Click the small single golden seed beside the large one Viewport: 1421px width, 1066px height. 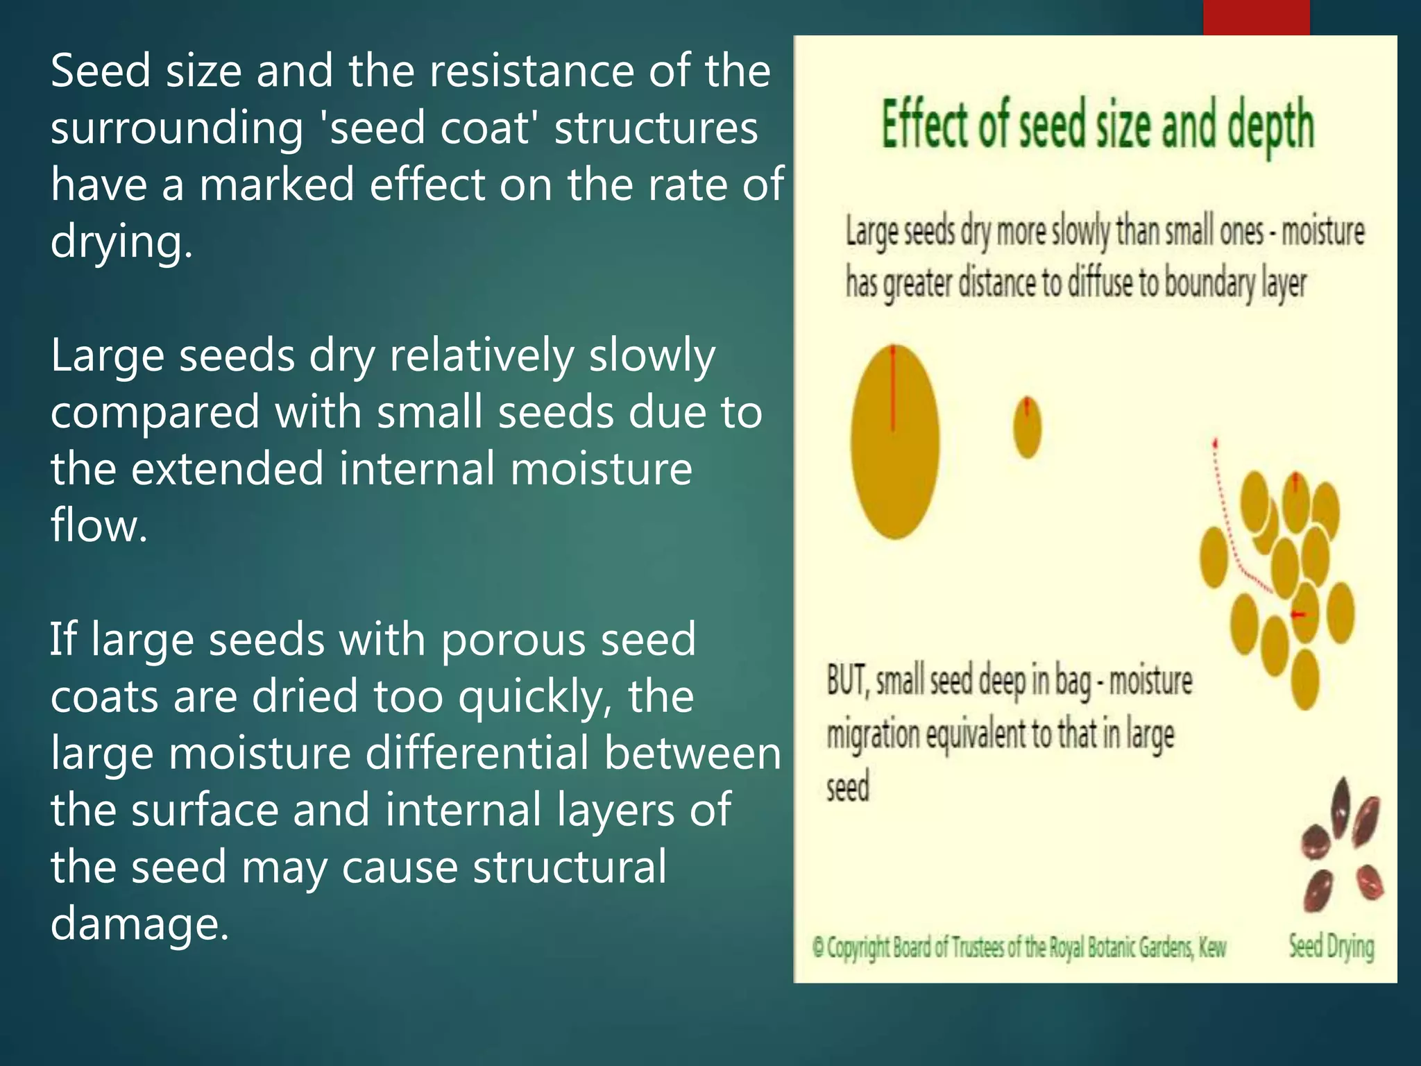tap(1027, 428)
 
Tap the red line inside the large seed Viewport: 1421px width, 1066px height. tap(893, 389)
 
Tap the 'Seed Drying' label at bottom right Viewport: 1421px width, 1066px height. tap(1331, 947)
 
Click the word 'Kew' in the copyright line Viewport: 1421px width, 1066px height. tap(1212, 947)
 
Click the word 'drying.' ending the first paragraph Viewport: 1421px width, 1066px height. tap(121, 242)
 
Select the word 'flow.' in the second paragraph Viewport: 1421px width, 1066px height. tap(99, 525)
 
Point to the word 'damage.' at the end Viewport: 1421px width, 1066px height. tap(139, 924)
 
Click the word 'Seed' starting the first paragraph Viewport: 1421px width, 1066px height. tap(101, 71)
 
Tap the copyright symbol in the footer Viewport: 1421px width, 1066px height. tap(818, 947)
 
